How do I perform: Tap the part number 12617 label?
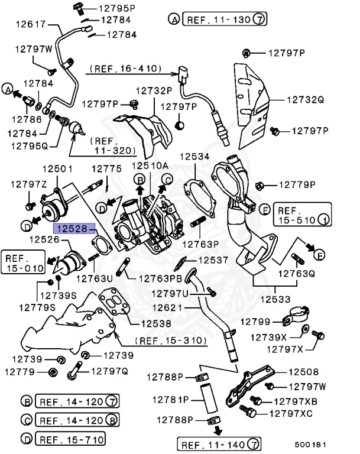(x=29, y=24)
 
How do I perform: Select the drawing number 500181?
(x=327, y=445)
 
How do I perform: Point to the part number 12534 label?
(x=194, y=157)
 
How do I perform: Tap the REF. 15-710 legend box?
(x=70, y=439)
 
